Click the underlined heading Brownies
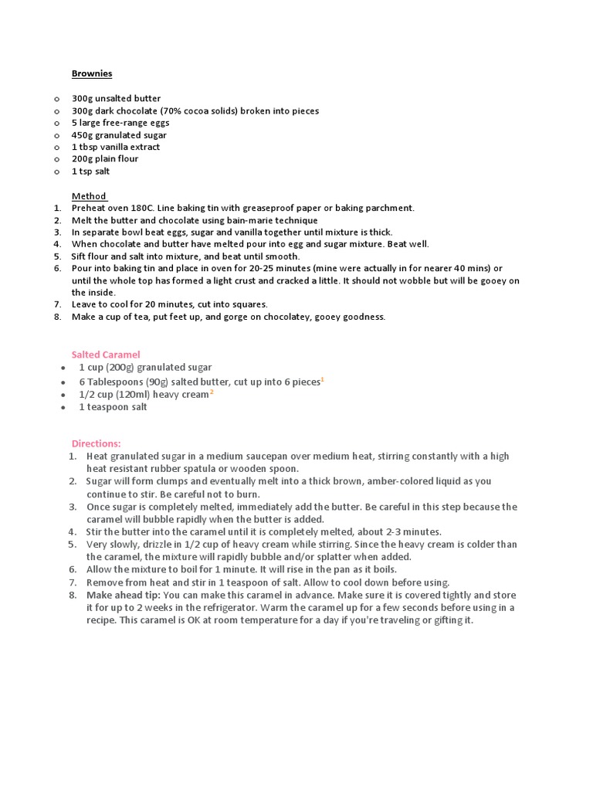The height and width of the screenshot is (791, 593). pos(92,73)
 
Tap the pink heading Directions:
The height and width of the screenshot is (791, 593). pos(97,443)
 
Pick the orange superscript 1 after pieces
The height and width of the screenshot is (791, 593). pos(322,379)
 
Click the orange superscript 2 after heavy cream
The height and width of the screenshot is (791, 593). pos(212,392)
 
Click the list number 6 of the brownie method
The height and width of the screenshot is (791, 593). pos(58,268)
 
